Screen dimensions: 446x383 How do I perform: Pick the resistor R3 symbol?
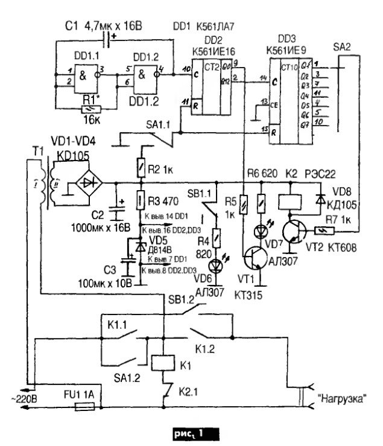[139, 199]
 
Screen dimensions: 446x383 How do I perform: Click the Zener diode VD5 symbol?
[141, 246]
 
